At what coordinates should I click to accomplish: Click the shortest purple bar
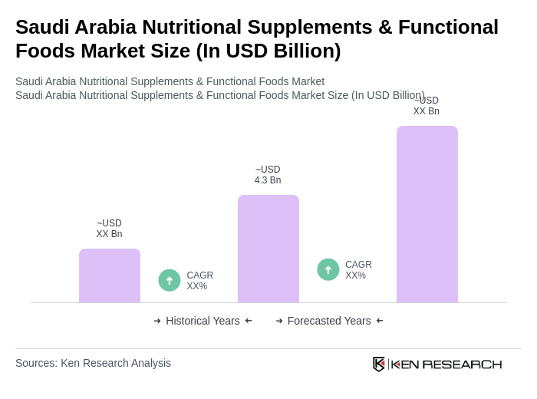pyautogui.click(x=110, y=275)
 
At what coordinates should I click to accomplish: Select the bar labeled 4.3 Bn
pyautogui.click(x=268, y=249)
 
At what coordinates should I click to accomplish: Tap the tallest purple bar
pyautogui.click(x=427, y=214)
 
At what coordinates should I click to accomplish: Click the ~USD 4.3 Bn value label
pyautogui.click(x=268, y=175)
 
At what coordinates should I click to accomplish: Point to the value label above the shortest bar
pyautogui.click(x=109, y=229)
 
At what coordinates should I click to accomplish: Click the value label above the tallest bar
pyautogui.click(x=427, y=106)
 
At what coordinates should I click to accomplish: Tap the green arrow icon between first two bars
pyautogui.click(x=170, y=280)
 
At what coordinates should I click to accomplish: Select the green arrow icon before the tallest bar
pyautogui.click(x=328, y=269)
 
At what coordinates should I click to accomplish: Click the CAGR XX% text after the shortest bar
pyautogui.click(x=199, y=281)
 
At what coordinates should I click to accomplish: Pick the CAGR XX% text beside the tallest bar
pyautogui.click(x=358, y=270)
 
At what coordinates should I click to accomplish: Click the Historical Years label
pyautogui.click(x=203, y=321)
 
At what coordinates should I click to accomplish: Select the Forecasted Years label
pyautogui.click(x=329, y=321)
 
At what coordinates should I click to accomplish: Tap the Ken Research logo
pyautogui.click(x=437, y=364)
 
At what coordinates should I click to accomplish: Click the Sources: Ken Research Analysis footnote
pyautogui.click(x=93, y=363)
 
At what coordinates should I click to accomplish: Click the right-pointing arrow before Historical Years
pyautogui.click(x=157, y=321)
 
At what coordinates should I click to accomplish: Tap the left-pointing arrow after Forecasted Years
pyautogui.click(x=380, y=321)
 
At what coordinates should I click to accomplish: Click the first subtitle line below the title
pyautogui.click(x=170, y=81)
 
